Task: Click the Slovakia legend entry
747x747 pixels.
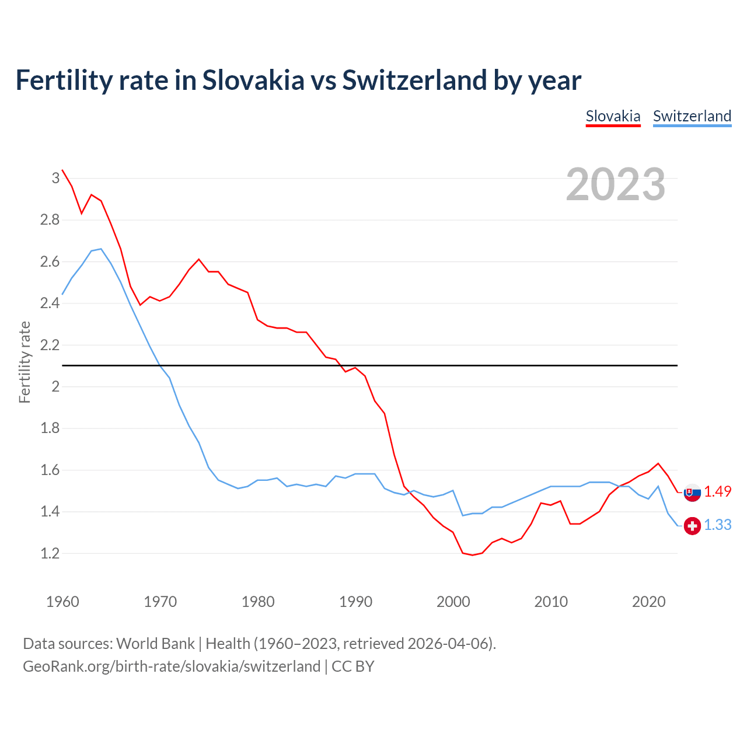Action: (x=613, y=116)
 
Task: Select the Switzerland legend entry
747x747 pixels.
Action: (x=692, y=116)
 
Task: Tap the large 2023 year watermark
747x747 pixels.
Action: (x=615, y=184)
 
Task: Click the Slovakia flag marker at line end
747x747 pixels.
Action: (x=692, y=492)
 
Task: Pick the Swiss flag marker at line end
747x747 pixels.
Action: (x=692, y=526)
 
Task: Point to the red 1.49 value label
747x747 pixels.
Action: (x=717, y=491)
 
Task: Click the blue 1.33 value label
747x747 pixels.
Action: (x=717, y=525)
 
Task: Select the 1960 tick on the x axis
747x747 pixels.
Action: (x=62, y=602)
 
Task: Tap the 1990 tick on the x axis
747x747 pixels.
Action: (x=355, y=602)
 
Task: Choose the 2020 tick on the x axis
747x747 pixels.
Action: (x=648, y=602)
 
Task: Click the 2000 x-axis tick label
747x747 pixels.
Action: (x=453, y=602)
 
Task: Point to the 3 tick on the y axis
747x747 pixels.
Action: (x=55, y=178)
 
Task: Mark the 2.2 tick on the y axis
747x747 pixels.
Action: (x=50, y=345)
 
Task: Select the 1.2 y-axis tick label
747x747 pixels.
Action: (x=50, y=553)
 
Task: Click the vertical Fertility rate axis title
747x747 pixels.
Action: (x=25, y=362)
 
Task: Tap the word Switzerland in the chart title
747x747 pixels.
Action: (x=414, y=80)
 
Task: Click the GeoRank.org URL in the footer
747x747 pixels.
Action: (x=172, y=666)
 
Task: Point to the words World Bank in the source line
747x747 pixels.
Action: (x=155, y=643)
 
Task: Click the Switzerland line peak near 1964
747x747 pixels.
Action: (x=101, y=249)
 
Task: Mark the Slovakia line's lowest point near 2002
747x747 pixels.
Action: (x=472, y=555)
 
